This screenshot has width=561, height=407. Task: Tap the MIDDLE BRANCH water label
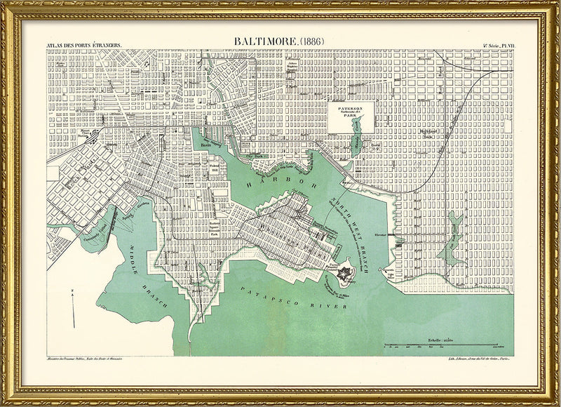click(144, 271)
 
